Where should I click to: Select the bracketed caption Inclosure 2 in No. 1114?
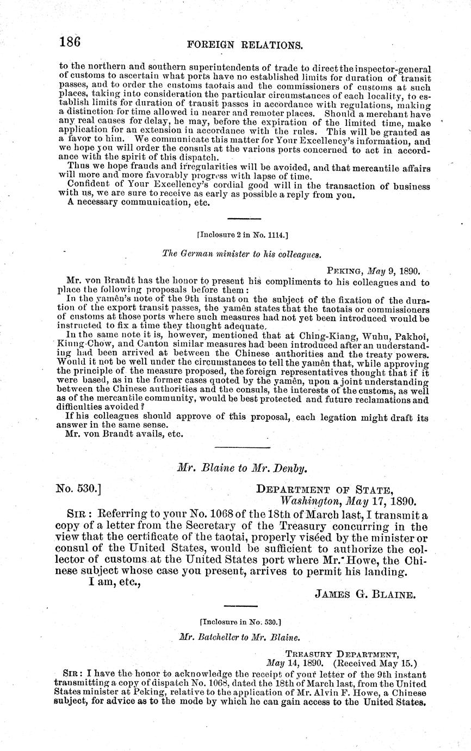tap(242, 235)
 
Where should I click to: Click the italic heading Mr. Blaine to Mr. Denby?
tap(242, 467)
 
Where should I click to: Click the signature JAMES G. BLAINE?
tap(365, 594)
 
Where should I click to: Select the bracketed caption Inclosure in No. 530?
tap(240, 621)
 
